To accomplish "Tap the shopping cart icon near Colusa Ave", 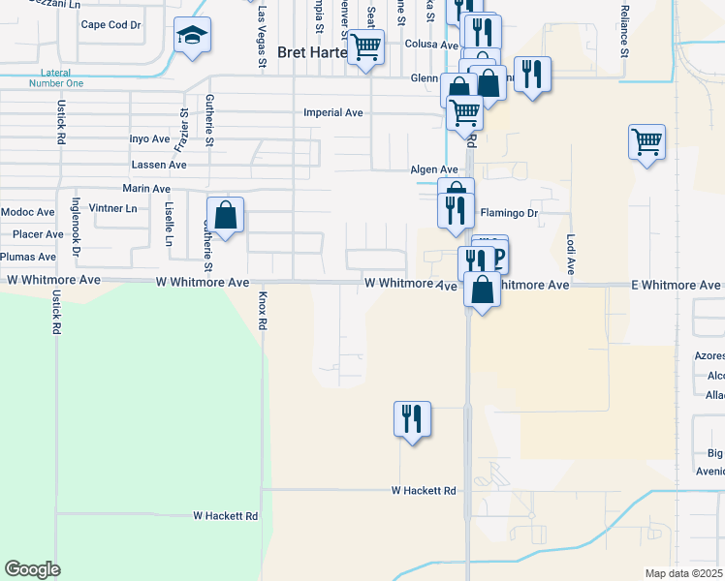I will point(365,46).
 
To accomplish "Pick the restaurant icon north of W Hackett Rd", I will point(412,419).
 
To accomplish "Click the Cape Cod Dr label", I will point(110,25).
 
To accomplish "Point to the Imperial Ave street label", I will point(332,113).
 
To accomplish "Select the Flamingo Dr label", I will point(509,212).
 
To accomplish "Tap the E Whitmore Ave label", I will point(676,285).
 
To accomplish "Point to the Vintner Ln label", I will point(112,208).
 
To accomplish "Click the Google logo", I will point(32,569).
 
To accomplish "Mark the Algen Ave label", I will point(433,169).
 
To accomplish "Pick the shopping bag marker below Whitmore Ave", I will point(482,290).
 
